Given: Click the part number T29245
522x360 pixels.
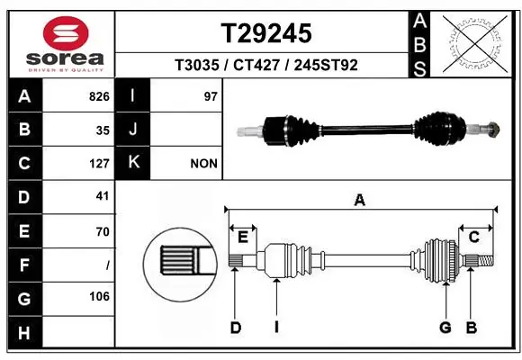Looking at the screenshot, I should tap(265, 33).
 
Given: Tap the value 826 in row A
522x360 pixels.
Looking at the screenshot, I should tap(99, 96).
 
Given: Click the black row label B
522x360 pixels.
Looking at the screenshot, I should tap(23, 130).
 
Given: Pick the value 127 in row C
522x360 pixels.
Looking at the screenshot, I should tap(99, 164).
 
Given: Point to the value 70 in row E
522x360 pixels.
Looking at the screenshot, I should tap(102, 231).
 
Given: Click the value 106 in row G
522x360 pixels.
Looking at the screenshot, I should tap(99, 297).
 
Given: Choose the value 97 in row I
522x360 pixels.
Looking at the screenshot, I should tap(211, 96).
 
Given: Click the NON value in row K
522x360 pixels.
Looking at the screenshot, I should tap(204, 164).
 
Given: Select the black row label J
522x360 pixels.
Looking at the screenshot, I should tap(133, 130).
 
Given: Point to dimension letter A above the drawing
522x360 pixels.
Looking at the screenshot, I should tap(359, 201).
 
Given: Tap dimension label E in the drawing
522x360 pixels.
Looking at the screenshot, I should tap(243, 236).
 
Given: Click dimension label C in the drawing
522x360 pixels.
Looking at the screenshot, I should tap(473, 236).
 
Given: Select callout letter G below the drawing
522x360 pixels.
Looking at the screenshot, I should tap(445, 328).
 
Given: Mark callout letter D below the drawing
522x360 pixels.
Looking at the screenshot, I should tap(235, 328).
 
